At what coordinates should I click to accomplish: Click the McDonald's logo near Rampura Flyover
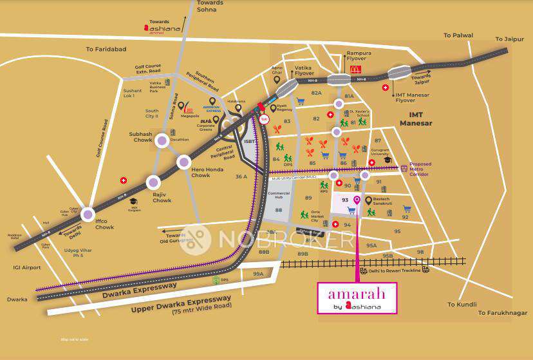click(354, 69)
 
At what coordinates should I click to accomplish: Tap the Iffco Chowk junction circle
click(88, 216)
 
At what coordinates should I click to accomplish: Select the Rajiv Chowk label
click(162, 197)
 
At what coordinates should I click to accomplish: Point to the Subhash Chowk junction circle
click(162, 140)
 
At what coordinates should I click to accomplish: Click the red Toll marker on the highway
click(264, 119)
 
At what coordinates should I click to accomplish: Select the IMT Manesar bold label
click(416, 119)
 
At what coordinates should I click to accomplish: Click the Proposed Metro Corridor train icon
click(404, 169)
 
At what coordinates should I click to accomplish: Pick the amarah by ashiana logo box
click(357, 298)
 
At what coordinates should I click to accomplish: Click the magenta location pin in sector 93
click(357, 200)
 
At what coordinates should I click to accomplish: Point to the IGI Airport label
click(27, 267)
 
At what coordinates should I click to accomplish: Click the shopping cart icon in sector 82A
click(300, 100)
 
